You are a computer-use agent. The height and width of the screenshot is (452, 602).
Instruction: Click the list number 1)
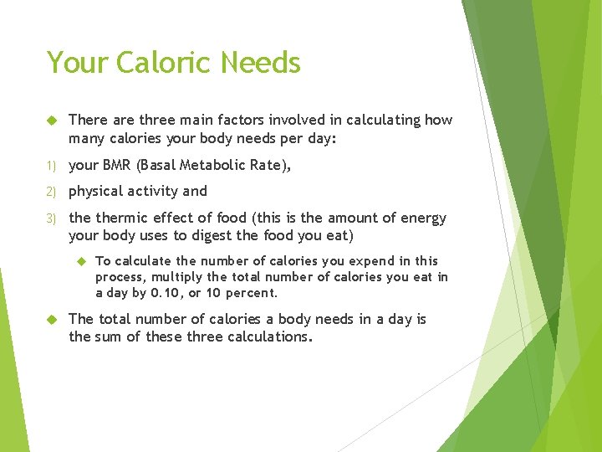point(52,166)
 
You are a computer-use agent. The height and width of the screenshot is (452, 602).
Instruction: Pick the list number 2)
point(52,192)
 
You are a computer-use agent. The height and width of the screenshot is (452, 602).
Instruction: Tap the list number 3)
point(52,218)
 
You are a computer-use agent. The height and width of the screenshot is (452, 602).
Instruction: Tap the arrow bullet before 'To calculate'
point(79,261)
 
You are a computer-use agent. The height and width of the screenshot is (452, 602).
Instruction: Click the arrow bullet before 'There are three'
point(51,120)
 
